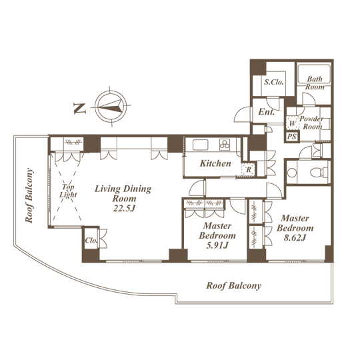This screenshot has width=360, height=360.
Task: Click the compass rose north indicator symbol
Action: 111,107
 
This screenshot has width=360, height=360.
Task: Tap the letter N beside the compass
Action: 80,109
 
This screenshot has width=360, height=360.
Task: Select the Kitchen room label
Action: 215,163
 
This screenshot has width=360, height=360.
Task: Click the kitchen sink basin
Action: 200,145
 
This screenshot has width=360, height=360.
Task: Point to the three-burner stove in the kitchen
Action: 225,145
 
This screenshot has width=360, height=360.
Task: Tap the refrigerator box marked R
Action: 248,170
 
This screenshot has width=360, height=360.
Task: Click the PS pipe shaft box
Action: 292,137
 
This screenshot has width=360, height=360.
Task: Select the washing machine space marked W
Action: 292,123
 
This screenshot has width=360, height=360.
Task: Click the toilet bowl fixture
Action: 319,172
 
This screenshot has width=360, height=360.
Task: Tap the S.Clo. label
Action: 273,82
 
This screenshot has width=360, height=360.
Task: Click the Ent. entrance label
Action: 266,112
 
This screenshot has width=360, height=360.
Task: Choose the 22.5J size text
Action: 124,208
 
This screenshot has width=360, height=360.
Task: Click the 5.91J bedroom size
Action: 217,245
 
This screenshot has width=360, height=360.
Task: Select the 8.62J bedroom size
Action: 295,237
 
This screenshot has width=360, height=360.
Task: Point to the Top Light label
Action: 68,191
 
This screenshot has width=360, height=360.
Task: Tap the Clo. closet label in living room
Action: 91,241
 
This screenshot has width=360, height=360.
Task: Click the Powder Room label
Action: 312,123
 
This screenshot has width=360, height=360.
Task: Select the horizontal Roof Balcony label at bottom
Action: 234,285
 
